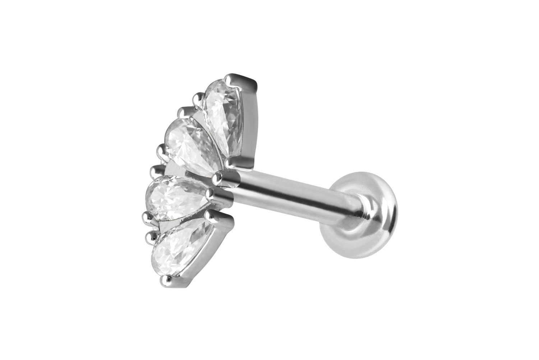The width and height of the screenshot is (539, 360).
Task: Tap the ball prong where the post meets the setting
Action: (x=217, y=177)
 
